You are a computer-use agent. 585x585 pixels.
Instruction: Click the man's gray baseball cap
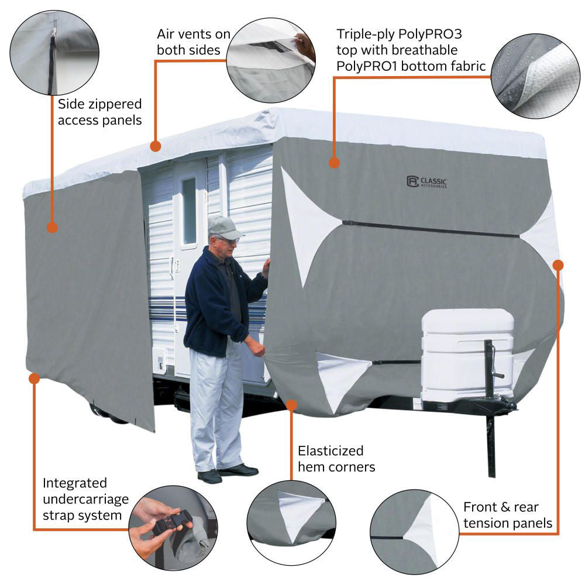(225, 227)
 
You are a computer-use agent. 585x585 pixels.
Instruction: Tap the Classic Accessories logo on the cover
(426, 182)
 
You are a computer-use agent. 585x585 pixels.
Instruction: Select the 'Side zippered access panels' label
(100, 112)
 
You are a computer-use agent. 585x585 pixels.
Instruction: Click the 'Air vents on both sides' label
(194, 42)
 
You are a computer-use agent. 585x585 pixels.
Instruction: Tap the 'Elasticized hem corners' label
(336, 459)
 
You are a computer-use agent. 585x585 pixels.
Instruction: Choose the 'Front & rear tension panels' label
(508, 515)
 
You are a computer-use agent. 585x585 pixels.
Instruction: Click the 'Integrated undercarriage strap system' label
(82, 499)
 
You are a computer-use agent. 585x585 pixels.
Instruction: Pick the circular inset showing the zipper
(54, 53)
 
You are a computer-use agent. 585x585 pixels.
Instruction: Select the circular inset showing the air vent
(271, 60)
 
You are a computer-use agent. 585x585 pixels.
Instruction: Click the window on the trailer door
(190, 210)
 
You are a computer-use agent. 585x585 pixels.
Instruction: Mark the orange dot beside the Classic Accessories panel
(334, 162)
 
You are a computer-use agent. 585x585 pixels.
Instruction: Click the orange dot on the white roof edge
(155, 146)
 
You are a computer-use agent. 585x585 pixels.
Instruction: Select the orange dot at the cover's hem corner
(292, 404)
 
